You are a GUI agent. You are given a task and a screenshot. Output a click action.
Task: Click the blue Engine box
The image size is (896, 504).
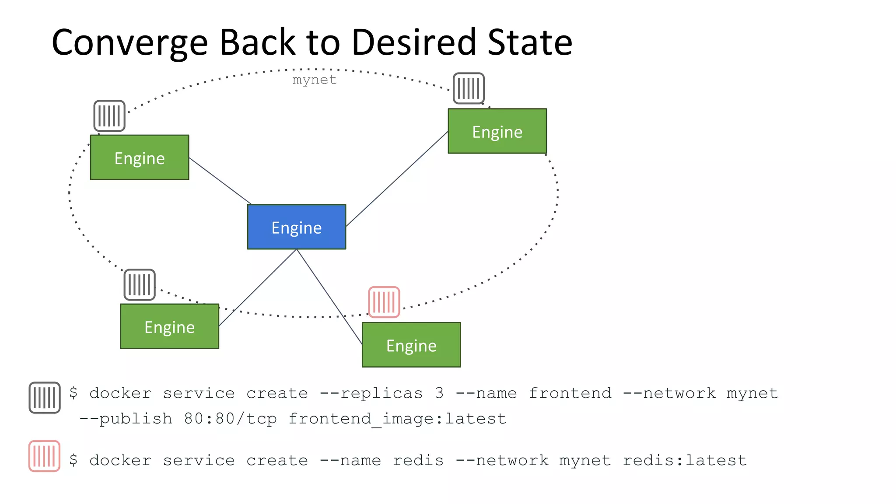(296, 227)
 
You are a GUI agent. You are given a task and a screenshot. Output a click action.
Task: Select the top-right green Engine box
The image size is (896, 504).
(497, 131)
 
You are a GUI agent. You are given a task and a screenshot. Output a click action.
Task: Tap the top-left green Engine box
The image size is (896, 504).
(140, 157)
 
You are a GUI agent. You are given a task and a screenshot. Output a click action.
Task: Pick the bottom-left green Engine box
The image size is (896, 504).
(169, 326)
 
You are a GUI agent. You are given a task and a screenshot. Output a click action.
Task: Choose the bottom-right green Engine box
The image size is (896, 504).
(411, 345)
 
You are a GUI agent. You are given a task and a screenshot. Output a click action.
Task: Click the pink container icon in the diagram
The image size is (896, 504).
(384, 302)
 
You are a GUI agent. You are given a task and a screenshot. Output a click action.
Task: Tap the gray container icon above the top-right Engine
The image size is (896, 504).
(469, 88)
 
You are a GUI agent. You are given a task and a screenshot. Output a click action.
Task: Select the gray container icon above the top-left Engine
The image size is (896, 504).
(109, 116)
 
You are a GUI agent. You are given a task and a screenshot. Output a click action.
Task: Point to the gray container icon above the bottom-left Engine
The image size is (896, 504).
(140, 285)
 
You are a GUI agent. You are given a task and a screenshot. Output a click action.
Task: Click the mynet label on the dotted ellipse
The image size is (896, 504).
(315, 80)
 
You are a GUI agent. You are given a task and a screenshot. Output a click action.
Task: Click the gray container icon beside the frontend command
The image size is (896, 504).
(45, 398)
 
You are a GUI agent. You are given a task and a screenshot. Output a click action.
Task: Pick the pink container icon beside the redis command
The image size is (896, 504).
(44, 456)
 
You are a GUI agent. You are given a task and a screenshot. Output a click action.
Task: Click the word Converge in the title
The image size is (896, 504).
(129, 43)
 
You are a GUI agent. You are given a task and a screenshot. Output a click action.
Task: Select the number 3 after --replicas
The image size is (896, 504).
(439, 393)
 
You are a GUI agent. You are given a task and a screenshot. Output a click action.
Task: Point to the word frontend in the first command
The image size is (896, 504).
(570, 393)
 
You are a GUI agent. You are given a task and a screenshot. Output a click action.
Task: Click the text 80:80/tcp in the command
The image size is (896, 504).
(230, 419)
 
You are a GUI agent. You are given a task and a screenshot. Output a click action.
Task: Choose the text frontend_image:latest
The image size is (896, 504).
(397, 419)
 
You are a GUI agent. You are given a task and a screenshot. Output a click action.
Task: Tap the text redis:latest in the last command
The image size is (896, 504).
(685, 460)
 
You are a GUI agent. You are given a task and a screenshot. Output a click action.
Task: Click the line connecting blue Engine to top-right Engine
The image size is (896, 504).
(397, 178)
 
